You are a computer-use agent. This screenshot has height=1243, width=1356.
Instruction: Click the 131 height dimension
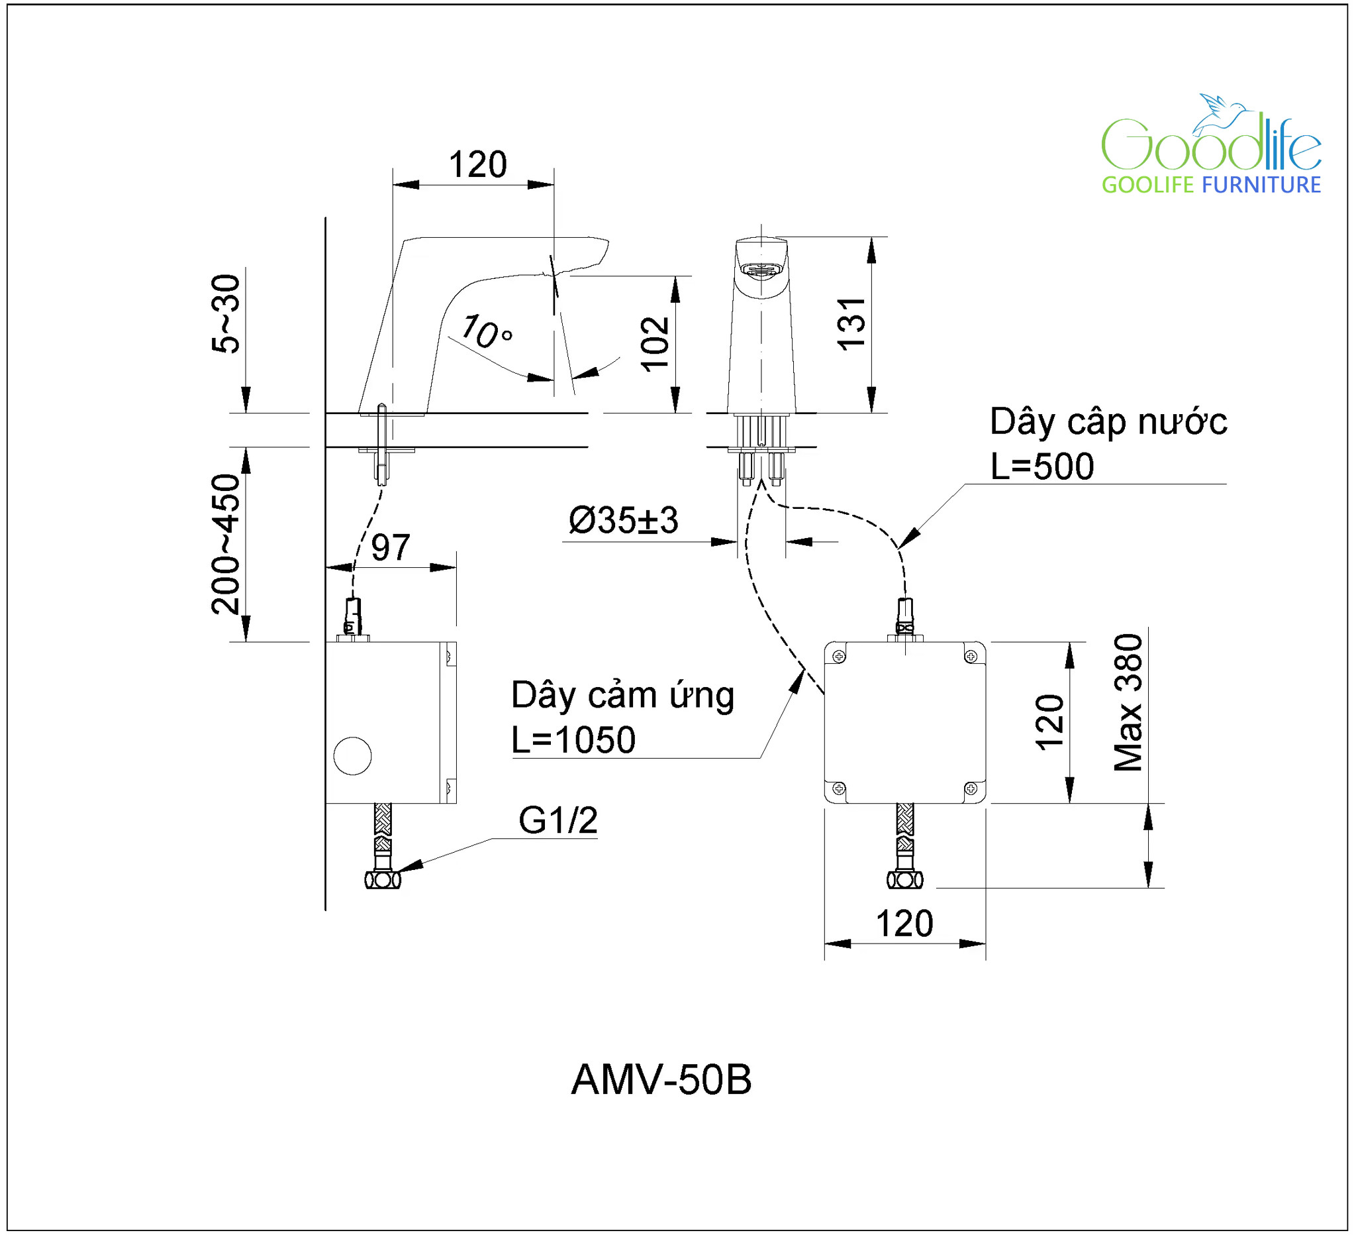(x=851, y=324)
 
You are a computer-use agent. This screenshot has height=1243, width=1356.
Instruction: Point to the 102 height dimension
(x=655, y=344)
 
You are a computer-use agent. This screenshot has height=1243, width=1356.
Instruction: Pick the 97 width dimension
(x=390, y=548)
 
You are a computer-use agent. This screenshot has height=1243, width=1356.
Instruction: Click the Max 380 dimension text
(x=1128, y=702)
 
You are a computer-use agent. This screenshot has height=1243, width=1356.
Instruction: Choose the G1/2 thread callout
(x=557, y=820)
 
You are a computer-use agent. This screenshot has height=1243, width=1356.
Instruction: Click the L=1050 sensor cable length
(x=573, y=740)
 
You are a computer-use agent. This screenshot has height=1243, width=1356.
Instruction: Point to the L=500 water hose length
(x=1042, y=466)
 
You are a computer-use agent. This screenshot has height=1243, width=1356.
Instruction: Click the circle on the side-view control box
(x=352, y=756)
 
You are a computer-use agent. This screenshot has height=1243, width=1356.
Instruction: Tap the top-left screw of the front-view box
(x=839, y=656)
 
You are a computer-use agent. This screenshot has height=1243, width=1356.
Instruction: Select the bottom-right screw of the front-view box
(x=971, y=788)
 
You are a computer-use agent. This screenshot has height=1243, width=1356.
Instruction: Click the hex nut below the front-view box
(x=904, y=880)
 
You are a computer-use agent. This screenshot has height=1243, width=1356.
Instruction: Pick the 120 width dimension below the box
(x=904, y=924)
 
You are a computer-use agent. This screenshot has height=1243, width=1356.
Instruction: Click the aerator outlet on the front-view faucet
(x=760, y=270)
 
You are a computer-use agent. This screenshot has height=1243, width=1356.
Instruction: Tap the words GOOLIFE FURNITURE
(x=1211, y=184)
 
